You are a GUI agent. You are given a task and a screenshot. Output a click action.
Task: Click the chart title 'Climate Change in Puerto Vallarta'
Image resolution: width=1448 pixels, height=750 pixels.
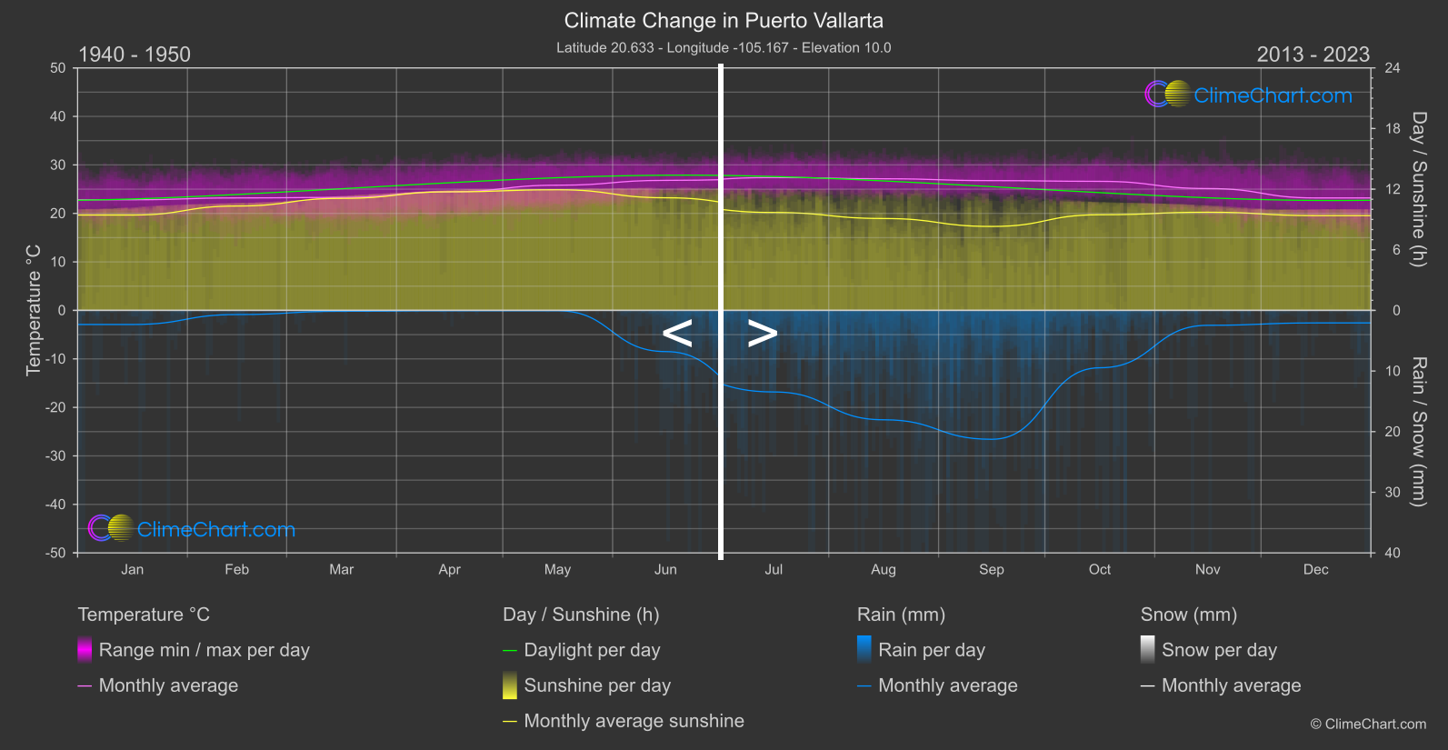[724, 20]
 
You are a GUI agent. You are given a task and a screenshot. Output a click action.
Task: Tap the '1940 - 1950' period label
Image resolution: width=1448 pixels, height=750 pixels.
[135, 55]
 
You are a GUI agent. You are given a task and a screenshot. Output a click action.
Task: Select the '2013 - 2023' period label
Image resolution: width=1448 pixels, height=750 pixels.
[1313, 55]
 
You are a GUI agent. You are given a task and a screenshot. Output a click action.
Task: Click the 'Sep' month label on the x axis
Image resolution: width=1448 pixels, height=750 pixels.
[991, 569]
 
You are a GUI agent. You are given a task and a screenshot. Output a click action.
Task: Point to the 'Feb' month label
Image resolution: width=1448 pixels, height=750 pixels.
[236, 569]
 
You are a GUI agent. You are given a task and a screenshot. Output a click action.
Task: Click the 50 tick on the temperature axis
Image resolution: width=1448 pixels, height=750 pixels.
[58, 68]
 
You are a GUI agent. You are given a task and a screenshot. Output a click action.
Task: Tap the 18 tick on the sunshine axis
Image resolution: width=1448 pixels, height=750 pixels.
[1393, 128]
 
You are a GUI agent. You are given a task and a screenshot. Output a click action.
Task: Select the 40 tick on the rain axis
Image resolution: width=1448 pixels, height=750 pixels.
[1393, 553]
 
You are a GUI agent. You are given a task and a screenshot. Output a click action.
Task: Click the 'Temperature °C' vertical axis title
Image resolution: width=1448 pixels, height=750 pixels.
[34, 310]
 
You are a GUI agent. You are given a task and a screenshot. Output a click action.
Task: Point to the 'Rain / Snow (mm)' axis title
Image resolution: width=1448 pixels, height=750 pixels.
[1419, 431]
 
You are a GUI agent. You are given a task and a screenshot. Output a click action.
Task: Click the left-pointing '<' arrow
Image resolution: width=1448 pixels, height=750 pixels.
[677, 334]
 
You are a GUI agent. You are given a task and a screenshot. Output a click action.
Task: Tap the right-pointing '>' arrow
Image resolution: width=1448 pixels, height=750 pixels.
[762, 334]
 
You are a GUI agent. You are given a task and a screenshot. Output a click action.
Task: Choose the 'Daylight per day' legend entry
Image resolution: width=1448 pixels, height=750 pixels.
[592, 650]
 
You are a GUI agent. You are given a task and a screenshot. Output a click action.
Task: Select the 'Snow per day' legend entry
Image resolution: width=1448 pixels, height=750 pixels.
[1219, 650]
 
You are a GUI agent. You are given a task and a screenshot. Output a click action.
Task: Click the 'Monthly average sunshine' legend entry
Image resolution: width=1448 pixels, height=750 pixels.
[634, 721]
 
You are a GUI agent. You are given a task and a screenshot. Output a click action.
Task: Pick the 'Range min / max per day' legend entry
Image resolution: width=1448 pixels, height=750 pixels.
[204, 650]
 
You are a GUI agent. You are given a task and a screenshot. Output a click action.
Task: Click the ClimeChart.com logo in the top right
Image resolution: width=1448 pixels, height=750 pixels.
[1249, 95]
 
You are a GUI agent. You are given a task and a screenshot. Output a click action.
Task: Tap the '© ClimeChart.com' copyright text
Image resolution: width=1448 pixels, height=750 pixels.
[1368, 724]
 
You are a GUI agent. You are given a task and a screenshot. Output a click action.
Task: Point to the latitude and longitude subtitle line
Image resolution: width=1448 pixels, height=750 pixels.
[724, 47]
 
